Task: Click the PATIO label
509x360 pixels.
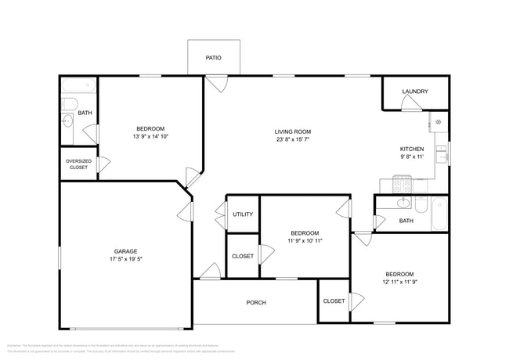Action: pos(213,58)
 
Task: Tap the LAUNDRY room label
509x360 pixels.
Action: pos(415,92)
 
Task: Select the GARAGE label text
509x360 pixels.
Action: pos(125,251)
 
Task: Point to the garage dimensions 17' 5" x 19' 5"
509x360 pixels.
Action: pos(125,259)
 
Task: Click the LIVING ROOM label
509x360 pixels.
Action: pos(293,131)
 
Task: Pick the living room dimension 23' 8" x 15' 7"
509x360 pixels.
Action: pos(293,139)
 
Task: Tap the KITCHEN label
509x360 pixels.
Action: pos(412,149)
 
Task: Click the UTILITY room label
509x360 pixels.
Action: pos(243,214)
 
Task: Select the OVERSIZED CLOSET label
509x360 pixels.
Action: pos(78,164)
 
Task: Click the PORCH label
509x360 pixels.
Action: pos(255,302)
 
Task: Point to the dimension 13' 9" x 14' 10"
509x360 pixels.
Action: pos(150,136)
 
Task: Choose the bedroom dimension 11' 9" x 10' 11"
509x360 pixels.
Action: pos(305,241)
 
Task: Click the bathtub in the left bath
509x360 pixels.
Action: pos(78,85)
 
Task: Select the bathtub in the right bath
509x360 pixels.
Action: pos(439,213)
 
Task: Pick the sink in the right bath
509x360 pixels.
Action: pos(403,203)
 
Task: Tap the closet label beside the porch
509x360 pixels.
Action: pos(334,301)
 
